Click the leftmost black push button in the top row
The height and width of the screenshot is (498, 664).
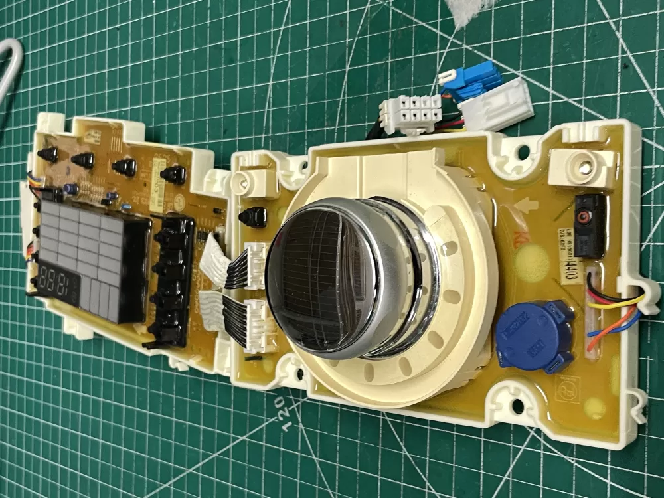click(x=47, y=155)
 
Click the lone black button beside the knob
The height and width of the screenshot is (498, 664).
click(x=254, y=216)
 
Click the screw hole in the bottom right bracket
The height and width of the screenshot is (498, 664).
click(x=515, y=405)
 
